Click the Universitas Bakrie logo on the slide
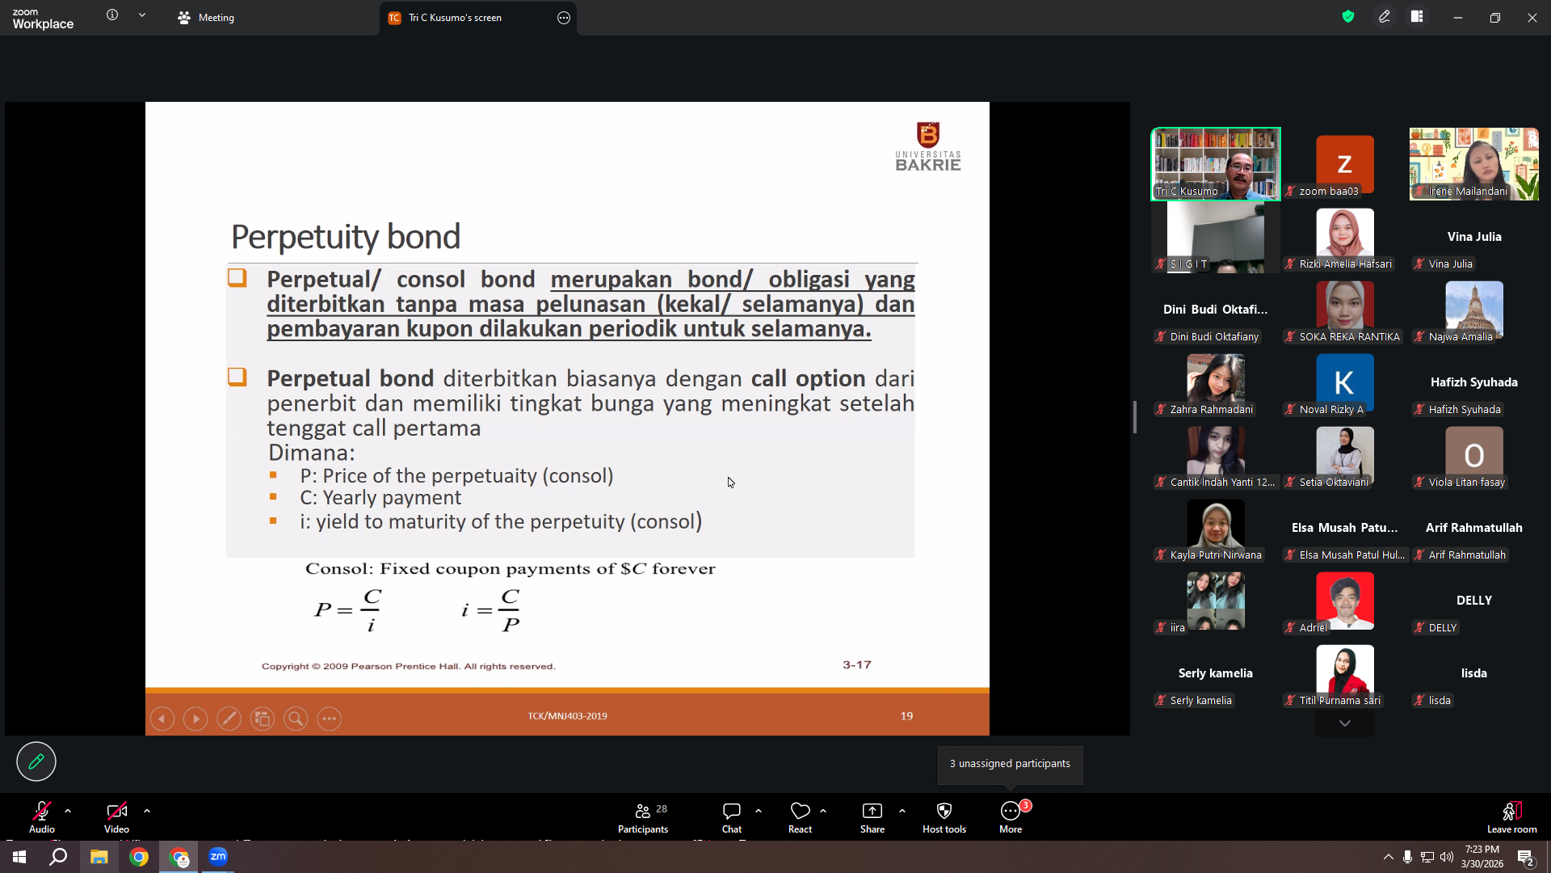(927, 146)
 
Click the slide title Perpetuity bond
(346, 237)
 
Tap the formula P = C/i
(348, 610)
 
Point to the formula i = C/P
(491, 610)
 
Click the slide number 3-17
(857, 664)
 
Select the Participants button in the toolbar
(643, 817)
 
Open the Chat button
(732, 817)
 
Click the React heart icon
(800, 811)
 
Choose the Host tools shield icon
(944, 811)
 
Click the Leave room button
(1512, 817)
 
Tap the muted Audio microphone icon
(42, 811)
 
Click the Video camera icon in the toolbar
(116, 811)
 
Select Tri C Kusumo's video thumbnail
(1216, 164)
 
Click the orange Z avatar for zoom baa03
(1345, 164)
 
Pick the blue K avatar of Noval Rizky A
(1345, 382)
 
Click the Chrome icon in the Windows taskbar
(139, 857)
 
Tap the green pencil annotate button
(36, 761)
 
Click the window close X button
(1532, 18)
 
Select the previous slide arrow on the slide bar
(162, 719)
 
